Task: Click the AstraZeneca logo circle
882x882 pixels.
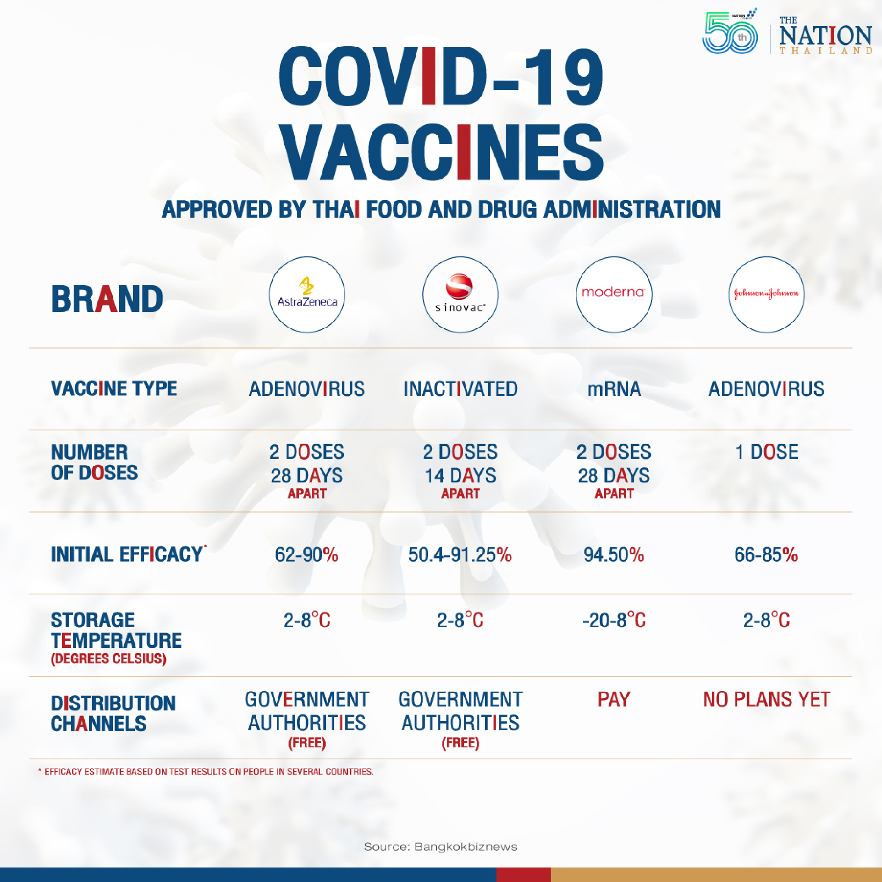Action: point(307,295)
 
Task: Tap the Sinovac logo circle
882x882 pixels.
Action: point(460,295)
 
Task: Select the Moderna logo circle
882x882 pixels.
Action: point(614,295)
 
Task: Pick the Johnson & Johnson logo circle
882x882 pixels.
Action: point(766,295)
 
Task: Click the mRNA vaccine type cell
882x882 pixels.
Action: point(614,389)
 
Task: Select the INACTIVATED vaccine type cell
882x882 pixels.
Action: point(460,389)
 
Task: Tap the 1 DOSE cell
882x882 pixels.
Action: point(766,452)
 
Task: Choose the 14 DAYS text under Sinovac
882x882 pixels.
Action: point(460,476)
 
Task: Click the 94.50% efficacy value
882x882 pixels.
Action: point(614,555)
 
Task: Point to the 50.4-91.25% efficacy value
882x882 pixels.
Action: point(460,555)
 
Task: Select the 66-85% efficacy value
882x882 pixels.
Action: point(766,555)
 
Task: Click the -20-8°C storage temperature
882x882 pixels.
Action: point(614,620)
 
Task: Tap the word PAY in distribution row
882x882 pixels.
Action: point(614,699)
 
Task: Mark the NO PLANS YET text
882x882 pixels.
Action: point(766,699)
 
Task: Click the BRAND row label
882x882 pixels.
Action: point(107,299)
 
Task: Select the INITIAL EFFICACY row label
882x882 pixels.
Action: point(127,554)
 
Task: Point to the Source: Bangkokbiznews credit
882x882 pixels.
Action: point(441,847)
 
